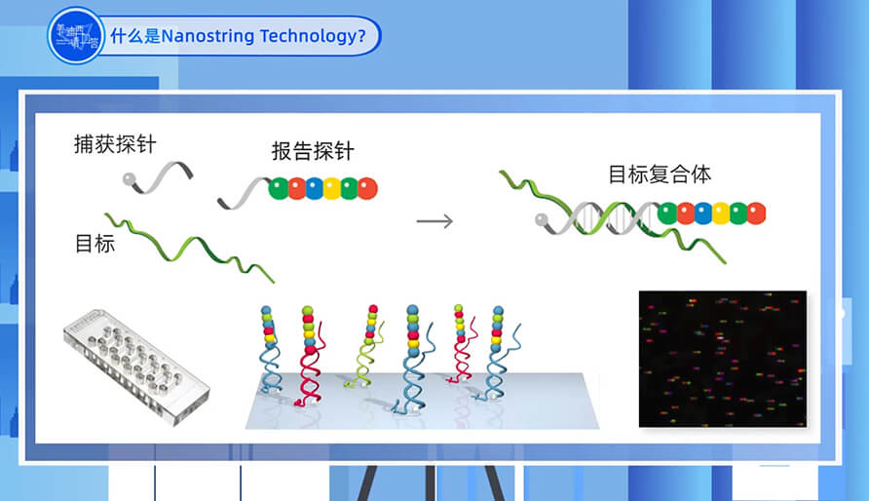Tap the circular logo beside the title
click(76, 35)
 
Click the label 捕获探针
click(115, 144)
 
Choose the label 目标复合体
click(660, 174)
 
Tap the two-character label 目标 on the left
click(94, 244)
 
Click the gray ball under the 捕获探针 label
click(127, 178)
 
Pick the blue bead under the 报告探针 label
click(314, 188)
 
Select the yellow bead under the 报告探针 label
click(331, 188)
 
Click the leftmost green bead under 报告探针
click(279, 188)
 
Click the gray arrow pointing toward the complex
click(434, 220)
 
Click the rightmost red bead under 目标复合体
click(756, 212)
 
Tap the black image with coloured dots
click(722, 358)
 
